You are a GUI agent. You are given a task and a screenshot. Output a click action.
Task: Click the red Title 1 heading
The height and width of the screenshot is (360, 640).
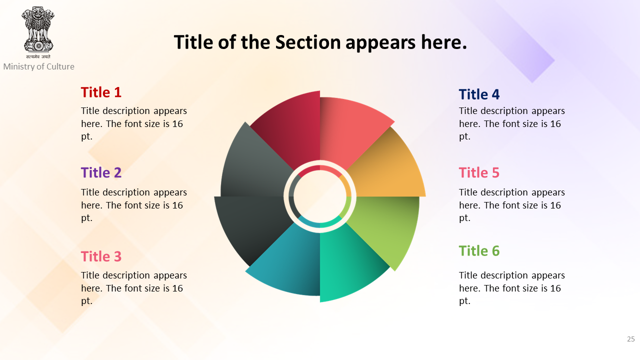point(101,92)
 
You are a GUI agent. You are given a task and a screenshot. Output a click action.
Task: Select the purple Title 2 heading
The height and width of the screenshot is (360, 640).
point(101,172)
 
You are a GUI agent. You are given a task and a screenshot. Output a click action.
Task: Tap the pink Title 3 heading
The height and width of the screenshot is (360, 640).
point(101,256)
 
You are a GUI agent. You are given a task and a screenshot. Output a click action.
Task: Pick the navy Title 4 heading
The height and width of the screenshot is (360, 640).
point(479,94)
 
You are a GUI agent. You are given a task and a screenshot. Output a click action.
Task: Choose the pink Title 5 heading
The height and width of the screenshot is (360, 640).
point(479,172)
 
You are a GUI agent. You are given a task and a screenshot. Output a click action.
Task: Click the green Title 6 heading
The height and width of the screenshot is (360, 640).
point(479,251)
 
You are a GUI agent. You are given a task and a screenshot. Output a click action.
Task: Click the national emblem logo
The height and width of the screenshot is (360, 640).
point(38,32)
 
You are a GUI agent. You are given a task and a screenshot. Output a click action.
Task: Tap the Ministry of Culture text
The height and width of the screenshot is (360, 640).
point(39,66)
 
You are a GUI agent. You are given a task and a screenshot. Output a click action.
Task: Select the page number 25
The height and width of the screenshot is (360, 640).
point(631,339)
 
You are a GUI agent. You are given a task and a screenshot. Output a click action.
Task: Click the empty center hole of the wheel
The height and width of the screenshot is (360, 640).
point(320,196)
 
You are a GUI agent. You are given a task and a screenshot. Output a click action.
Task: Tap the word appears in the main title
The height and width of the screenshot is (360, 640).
point(380,42)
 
